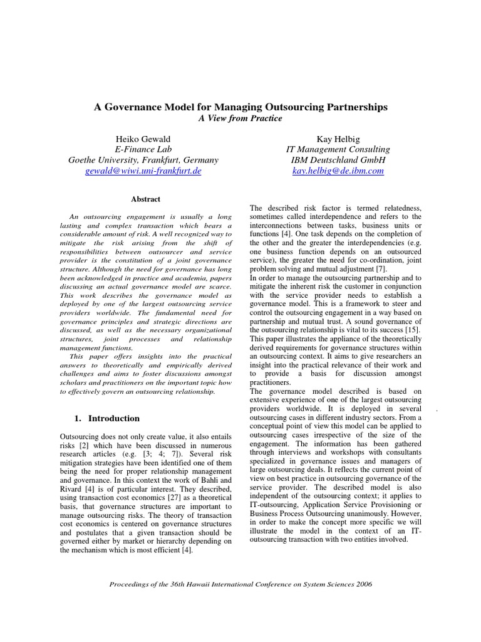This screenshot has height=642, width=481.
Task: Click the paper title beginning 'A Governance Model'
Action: [x=240, y=107]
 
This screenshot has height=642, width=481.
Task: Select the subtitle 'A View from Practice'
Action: [x=240, y=118]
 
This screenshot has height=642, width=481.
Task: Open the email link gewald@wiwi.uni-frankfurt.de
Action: [x=143, y=171]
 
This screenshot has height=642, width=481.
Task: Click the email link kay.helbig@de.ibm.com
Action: [x=338, y=171]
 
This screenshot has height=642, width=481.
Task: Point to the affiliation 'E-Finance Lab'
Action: [x=143, y=149]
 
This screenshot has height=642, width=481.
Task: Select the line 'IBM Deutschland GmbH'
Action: [x=338, y=160]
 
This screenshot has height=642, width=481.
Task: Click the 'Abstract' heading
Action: [x=145, y=199]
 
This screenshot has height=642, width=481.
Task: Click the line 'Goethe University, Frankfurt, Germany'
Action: [x=143, y=160]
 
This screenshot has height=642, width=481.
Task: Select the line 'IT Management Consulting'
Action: [x=338, y=149]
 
